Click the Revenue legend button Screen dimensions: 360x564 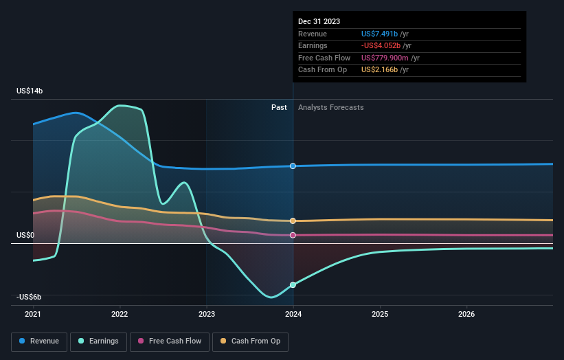point(39,341)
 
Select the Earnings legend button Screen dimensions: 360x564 point(98,341)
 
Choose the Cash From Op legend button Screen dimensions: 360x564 point(251,341)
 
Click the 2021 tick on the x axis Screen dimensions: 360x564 point(33,314)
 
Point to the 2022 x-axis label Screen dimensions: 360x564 point(120,314)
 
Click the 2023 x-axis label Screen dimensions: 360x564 point(206,314)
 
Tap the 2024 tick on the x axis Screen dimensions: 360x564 point(293,314)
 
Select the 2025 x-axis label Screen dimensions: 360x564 point(380,314)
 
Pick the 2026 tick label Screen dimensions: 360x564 point(466,314)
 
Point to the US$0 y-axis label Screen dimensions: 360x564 point(25,235)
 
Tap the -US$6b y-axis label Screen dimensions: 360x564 point(30,297)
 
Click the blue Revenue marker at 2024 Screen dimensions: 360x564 point(293,166)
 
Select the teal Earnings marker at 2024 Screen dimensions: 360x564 point(293,284)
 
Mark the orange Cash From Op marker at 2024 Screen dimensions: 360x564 point(293,221)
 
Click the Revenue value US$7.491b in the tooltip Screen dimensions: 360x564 point(385,34)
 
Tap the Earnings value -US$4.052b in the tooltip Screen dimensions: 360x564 point(386,46)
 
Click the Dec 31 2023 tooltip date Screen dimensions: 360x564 point(319,22)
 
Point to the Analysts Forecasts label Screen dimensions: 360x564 point(330,107)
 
